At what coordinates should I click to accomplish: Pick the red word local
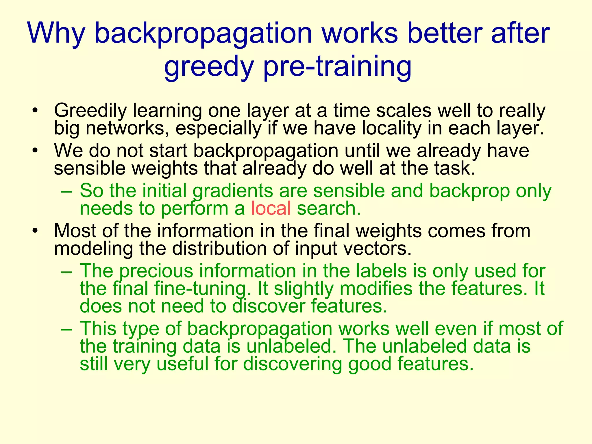tap(271, 208)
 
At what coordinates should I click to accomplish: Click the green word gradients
tap(233, 191)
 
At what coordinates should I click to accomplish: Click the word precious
tap(156, 271)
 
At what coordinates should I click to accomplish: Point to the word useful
tap(182, 364)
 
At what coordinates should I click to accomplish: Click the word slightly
tap(304, 289)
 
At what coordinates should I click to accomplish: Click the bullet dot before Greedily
tap(35, 111)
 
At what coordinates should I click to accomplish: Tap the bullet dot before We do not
tap(35, 151)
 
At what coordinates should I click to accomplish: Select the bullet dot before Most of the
tap(35, 231)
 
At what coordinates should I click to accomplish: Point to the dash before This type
tap(67, 329)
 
